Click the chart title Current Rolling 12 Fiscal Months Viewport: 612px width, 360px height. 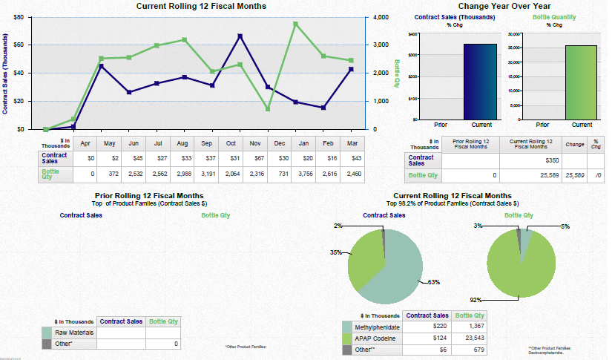point(202,6)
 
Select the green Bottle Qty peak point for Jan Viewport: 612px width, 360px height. point(295,24)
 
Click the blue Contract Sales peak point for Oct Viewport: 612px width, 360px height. point(240,36)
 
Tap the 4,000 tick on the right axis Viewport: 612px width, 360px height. point(379,16)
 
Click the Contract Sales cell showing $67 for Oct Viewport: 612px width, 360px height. point(255,158)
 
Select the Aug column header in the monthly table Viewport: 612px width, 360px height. point(182,143)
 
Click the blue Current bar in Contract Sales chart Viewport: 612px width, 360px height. point(480,82)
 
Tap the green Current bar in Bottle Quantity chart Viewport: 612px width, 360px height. point(581,82)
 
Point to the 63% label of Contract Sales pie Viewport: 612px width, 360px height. point(434,282)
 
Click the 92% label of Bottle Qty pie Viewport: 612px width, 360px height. point(476,300)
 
